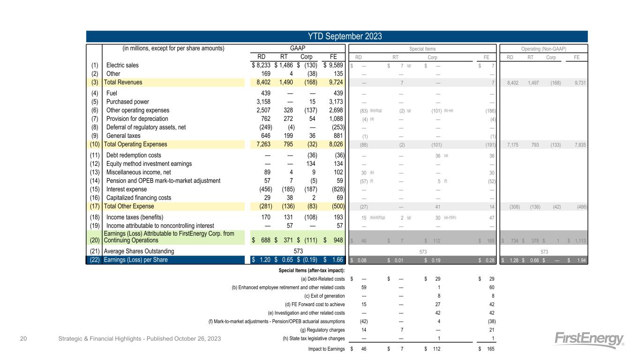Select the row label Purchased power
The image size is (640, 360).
click(x=128, y=102)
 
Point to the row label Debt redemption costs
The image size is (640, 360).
click(x=134, y=155)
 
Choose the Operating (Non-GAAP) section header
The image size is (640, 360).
click(x=544, y=48)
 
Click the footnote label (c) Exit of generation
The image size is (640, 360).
click(x=324, y=296)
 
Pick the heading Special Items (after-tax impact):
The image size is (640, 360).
click(x=311, y=270)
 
